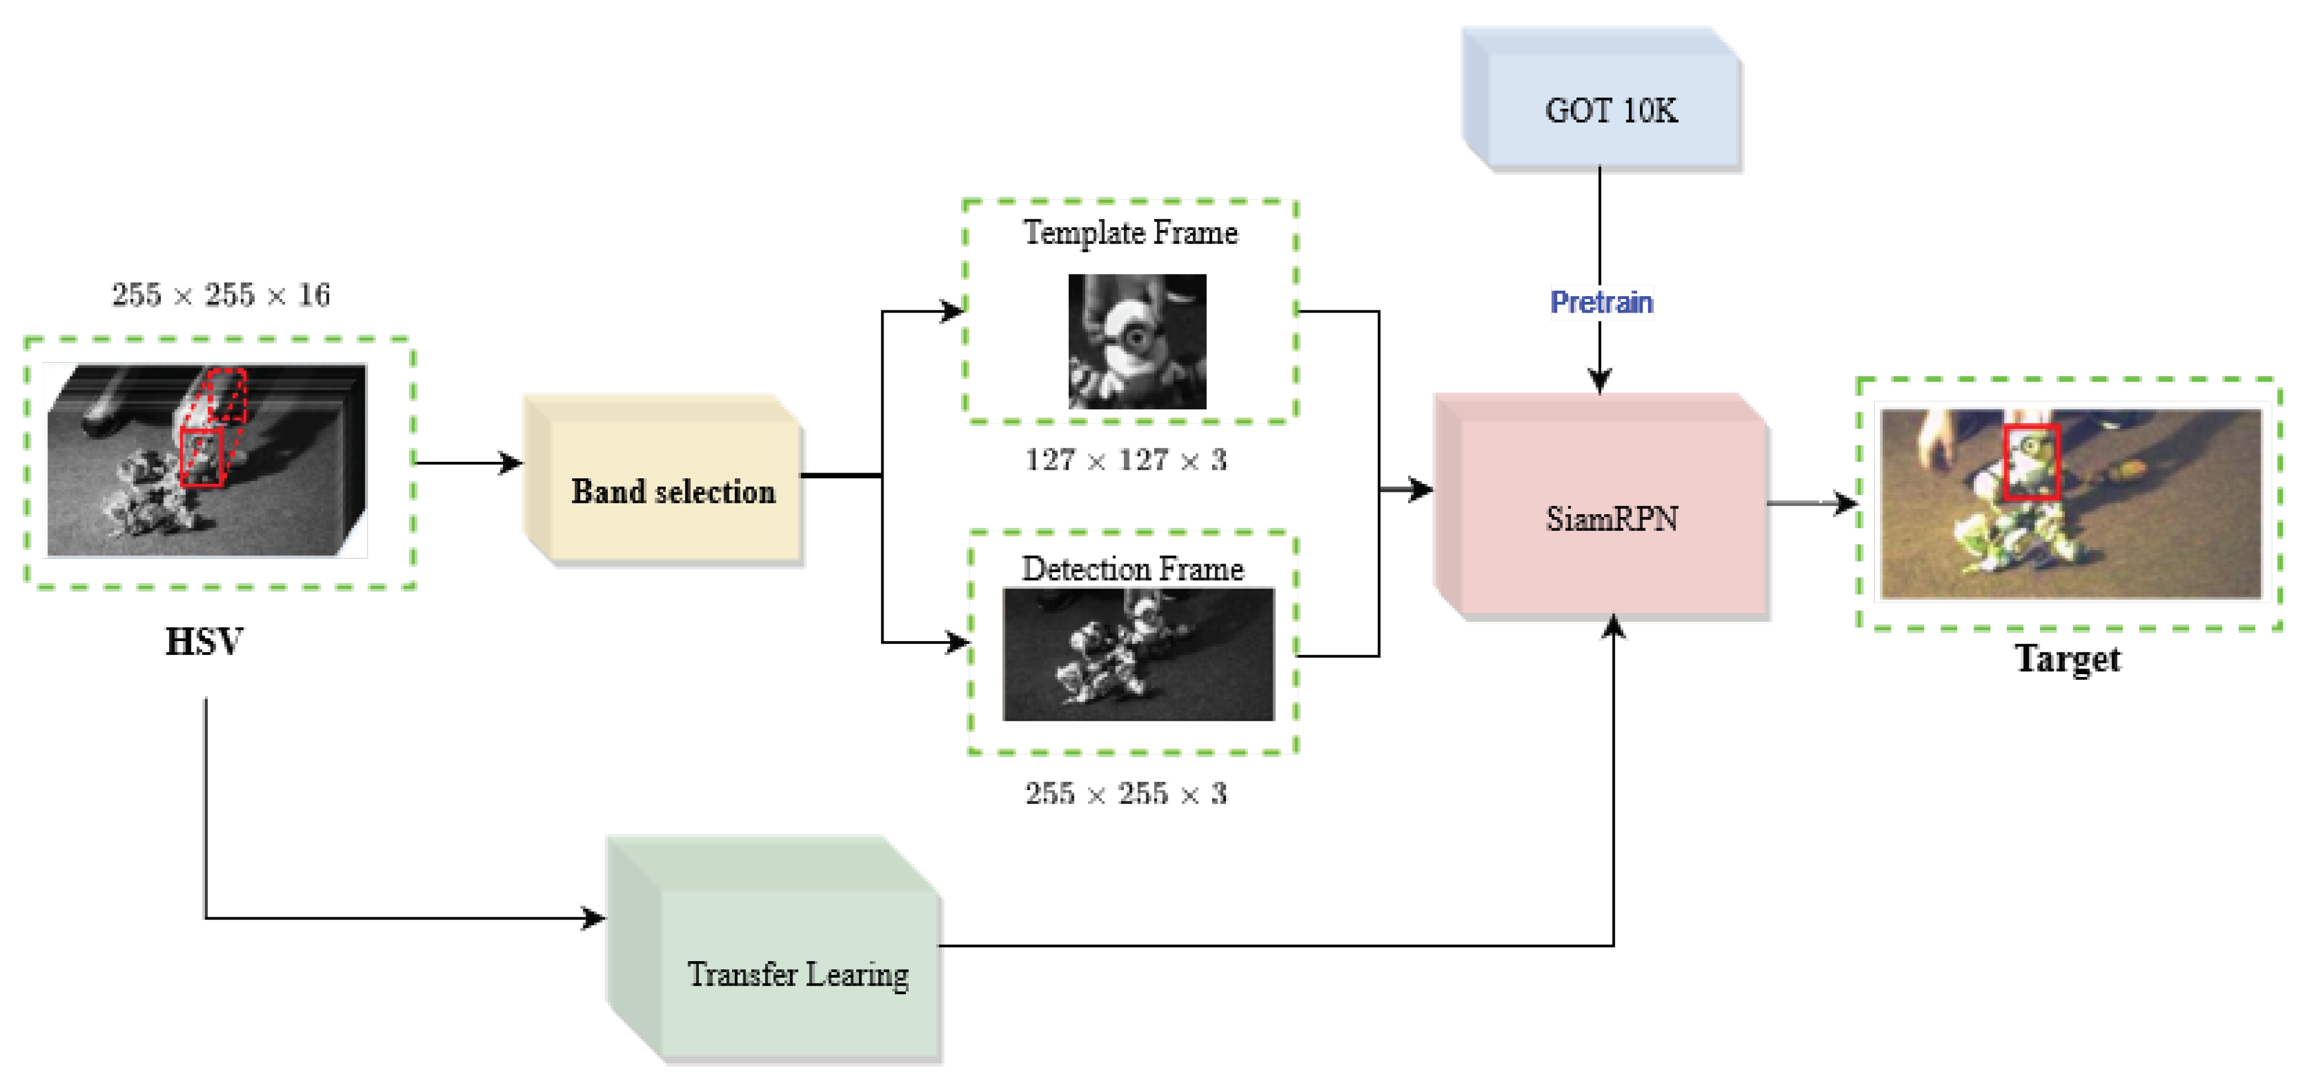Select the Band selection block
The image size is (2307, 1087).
click(x=673, y=491)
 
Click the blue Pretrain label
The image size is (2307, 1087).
click(x=1601, y=303)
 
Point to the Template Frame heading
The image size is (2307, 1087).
click(x=1130, y=233)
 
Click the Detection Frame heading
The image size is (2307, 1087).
click(x=1133, y=569)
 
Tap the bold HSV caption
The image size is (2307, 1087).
click(x=204, y=642)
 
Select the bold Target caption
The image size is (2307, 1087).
click(x=2067, y=659)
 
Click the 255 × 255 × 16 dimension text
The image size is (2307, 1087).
click(x=220, y=294)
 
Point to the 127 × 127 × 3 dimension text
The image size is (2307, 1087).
click(x=1126, y=460)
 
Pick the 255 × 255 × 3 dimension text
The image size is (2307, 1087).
click(x=1126, y=793)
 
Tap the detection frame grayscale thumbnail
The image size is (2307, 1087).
click(x=1138, y=654)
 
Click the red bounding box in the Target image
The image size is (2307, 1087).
click(x=2031, y=462)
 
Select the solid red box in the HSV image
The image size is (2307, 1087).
click(x=202, y=457)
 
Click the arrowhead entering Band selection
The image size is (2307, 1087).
click(x=512, y=463)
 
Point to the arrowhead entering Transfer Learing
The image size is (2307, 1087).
click(x=595, y=918)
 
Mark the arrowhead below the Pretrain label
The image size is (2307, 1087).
click(x=1601, y=380)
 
